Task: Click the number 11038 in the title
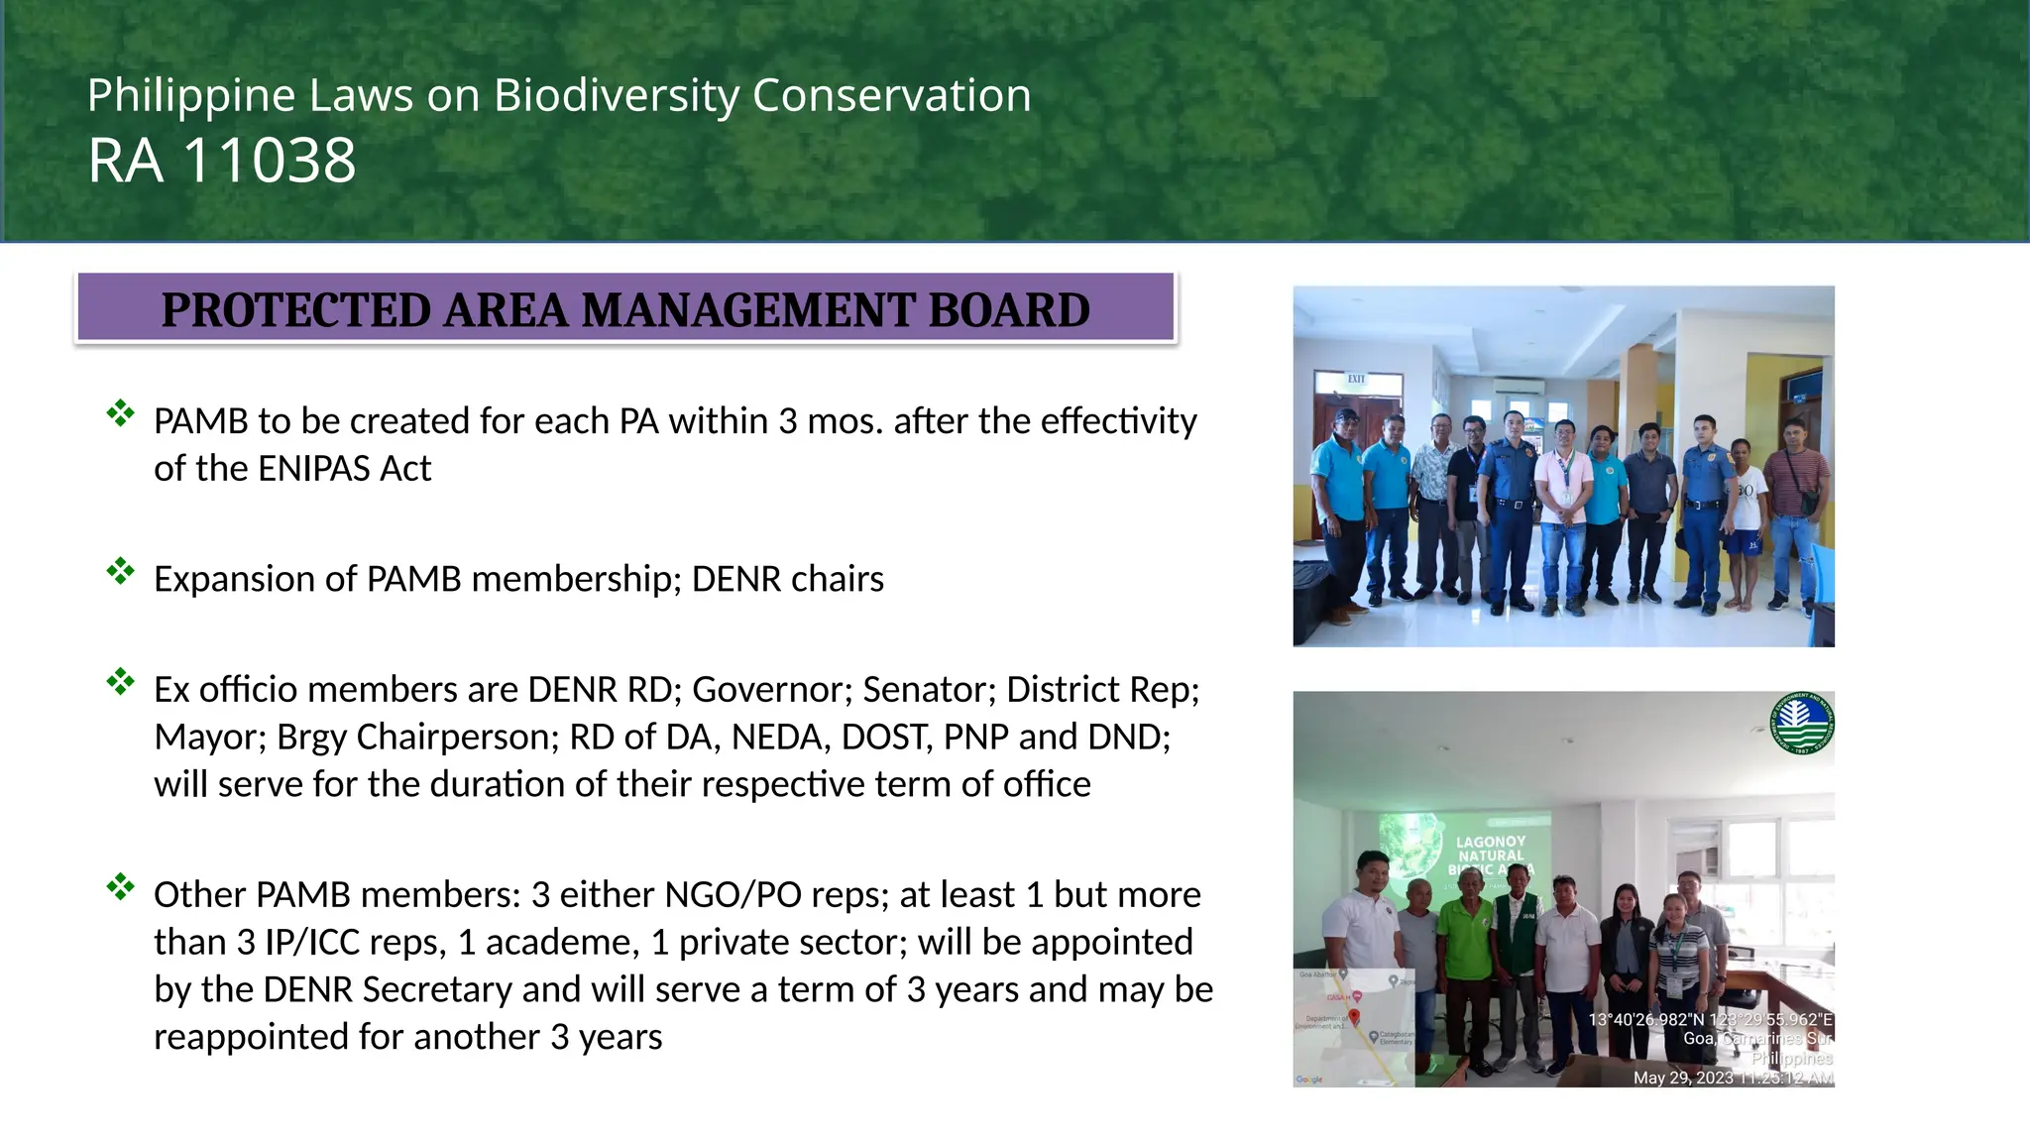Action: (270, 161)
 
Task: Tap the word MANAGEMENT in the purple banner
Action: (747, 310)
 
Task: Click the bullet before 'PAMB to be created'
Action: (120, 413)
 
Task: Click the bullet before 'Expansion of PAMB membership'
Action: (120, 571)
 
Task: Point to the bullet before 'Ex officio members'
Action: (120, 682)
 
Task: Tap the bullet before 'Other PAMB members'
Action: (120, 887)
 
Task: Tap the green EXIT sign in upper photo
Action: (1356, 380)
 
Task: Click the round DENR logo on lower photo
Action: (1801, 723)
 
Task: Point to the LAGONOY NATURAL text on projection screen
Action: (1491, 849)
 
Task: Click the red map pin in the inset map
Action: (1354, 1016)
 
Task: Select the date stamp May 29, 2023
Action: (1683, 1078)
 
